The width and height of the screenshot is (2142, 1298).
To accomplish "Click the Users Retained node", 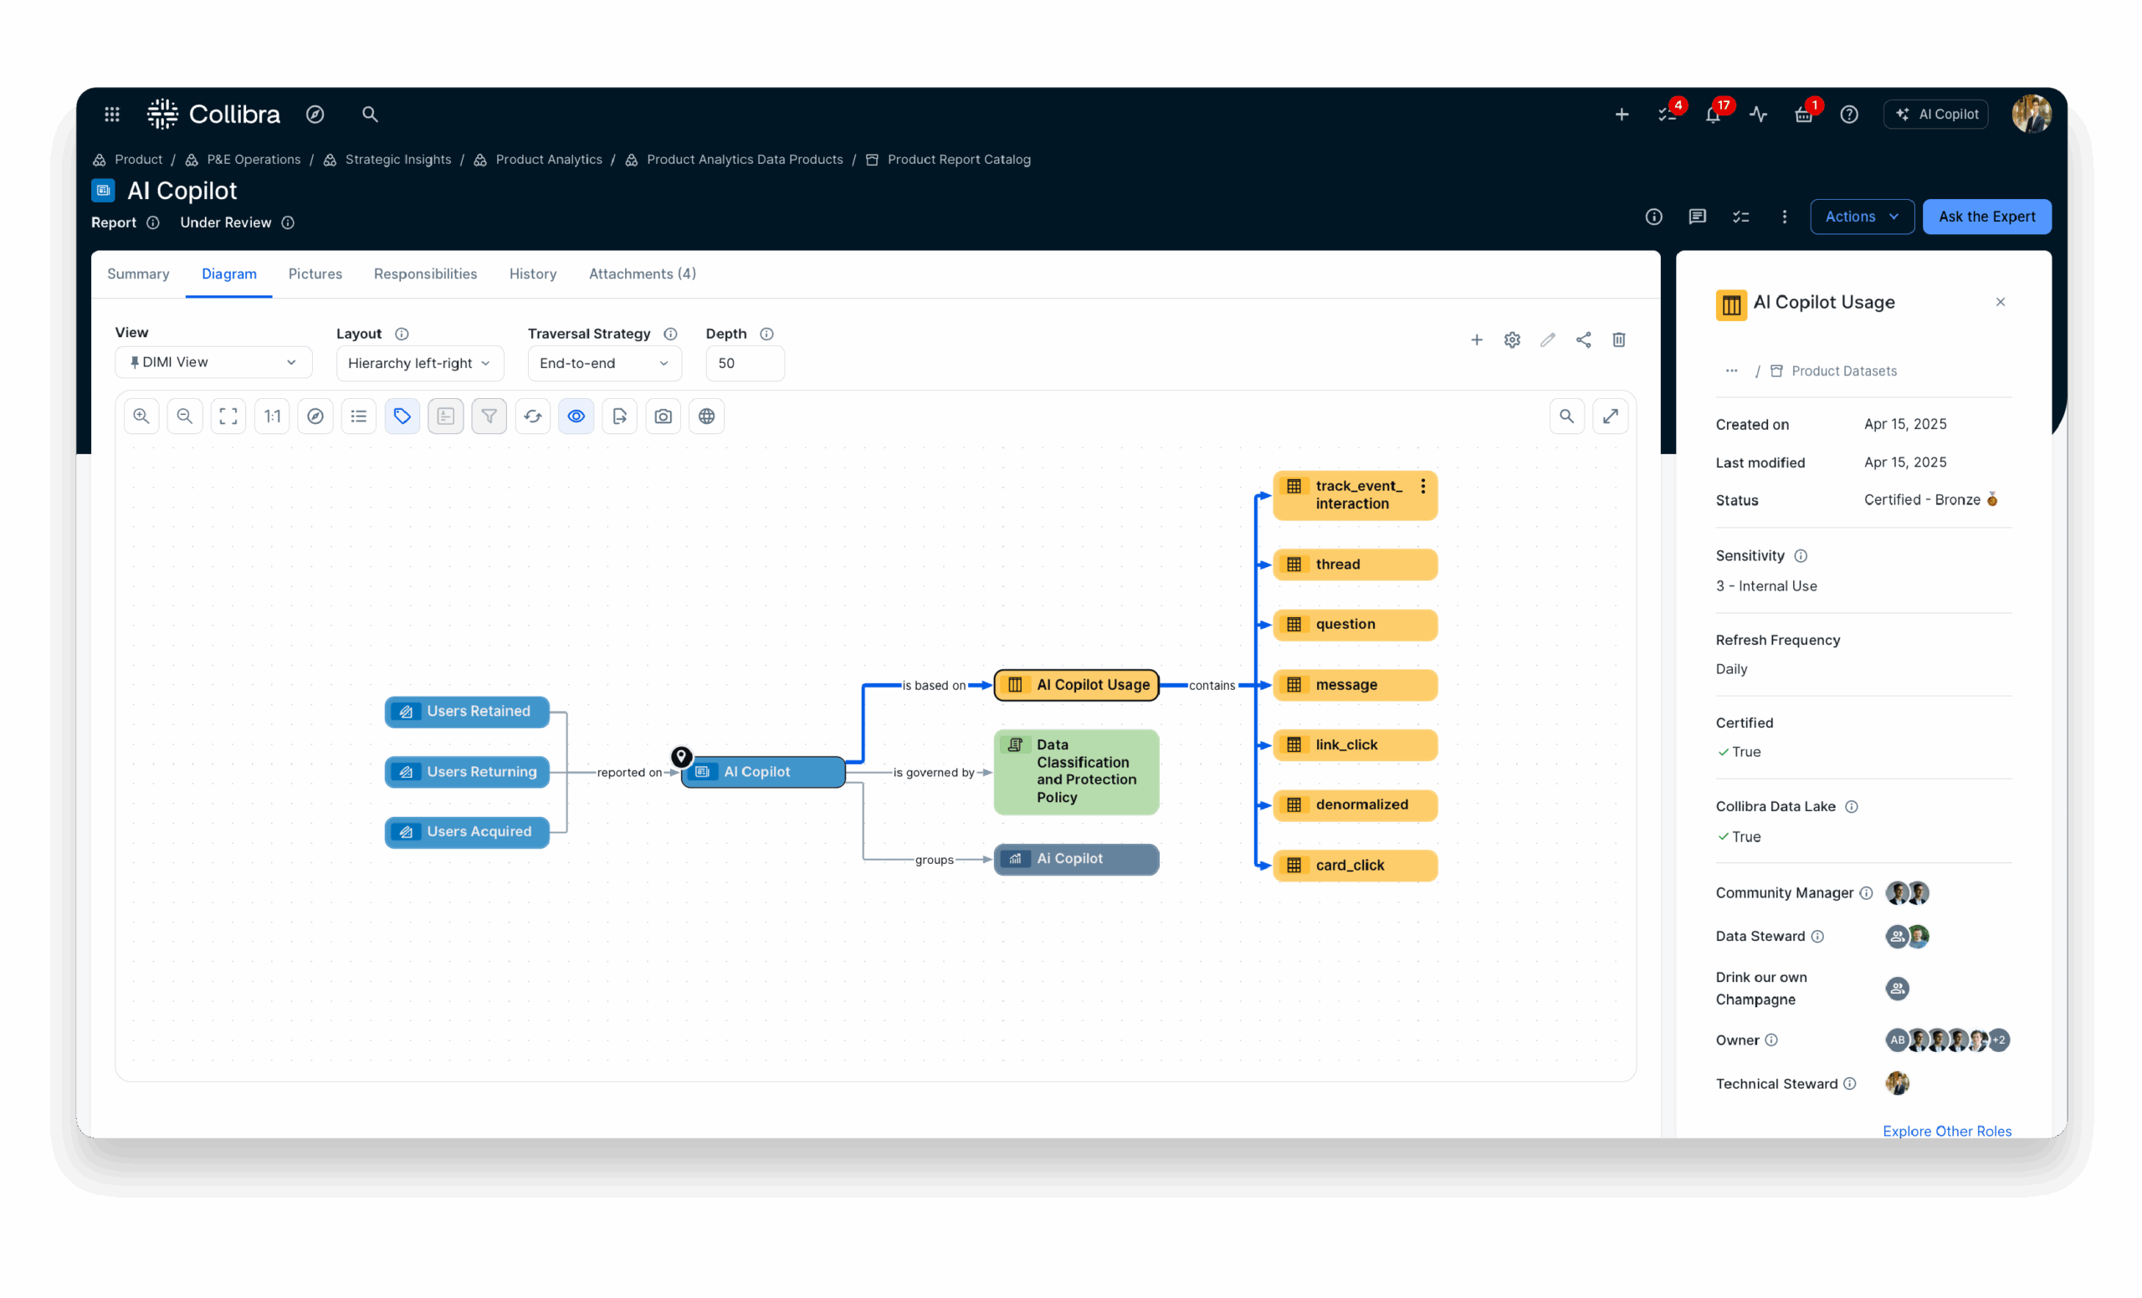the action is click(467, 712).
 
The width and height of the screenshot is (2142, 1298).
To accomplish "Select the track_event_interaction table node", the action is click(1355, 495).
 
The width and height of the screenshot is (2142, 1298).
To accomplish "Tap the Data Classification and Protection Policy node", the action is click(1076, 771).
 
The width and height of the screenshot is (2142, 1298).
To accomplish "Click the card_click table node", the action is click(1355, 866).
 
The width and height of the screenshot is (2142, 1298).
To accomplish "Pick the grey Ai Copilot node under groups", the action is click(1076, 859).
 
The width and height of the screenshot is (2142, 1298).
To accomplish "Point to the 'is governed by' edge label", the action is click(934, 773).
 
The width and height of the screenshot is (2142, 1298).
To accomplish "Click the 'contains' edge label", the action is click(1212, 686).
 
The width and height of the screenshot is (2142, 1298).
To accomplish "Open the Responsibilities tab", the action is click(425, 273).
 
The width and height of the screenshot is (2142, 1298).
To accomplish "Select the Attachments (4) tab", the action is click(643, 273).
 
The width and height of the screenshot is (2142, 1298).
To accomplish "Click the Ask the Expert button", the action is click(1986, 217).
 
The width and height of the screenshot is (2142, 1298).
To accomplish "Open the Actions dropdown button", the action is click(1861, 217).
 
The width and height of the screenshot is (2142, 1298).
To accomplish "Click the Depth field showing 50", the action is click(745, 363).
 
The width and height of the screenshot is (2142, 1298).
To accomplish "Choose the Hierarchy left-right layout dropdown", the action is click(420, 363).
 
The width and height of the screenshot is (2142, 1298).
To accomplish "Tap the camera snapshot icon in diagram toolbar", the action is click(664, 416).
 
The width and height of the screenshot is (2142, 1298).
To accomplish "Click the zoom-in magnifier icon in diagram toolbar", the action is click(141, 416).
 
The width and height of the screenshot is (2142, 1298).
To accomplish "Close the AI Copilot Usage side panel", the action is click(2001, 303).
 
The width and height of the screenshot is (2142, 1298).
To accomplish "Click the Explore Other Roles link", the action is click(1946, 1132).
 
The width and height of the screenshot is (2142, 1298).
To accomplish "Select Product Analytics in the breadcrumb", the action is click(549, 160).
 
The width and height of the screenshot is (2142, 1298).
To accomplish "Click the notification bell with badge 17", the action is click(1713, 115).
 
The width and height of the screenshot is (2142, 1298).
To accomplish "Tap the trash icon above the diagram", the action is click(1619, 340).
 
